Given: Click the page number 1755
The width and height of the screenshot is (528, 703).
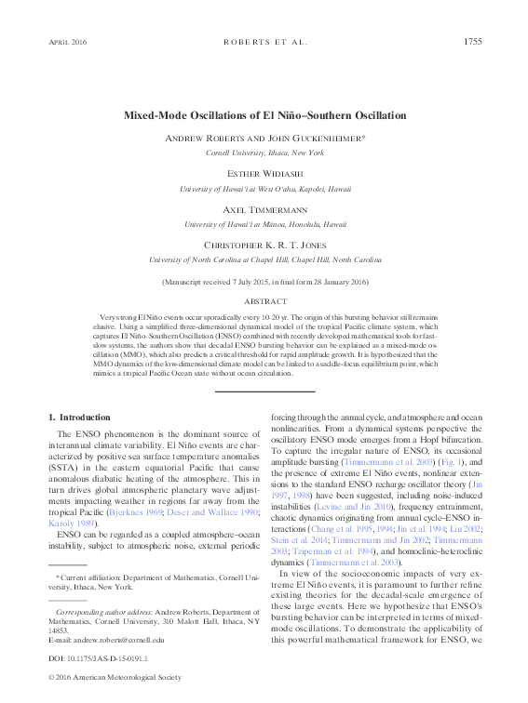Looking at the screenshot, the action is (471, 41).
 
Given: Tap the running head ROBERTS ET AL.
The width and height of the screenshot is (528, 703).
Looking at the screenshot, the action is (264, 42).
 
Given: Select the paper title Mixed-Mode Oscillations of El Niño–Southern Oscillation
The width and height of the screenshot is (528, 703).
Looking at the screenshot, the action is (264, 115).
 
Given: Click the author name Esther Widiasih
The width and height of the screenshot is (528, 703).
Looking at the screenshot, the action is (264, 174).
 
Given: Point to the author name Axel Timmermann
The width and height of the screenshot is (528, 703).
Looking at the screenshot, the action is (264, 209).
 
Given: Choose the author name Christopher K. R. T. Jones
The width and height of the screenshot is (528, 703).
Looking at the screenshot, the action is (264, 245).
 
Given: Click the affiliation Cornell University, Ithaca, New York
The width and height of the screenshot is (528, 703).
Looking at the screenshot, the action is (264, 152).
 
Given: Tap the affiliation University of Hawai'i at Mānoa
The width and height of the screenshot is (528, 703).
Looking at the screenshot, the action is (264, 224).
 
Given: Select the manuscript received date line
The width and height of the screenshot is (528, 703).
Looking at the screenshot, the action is (264, 281).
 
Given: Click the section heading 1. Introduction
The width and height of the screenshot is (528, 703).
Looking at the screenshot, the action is (79, 418).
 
